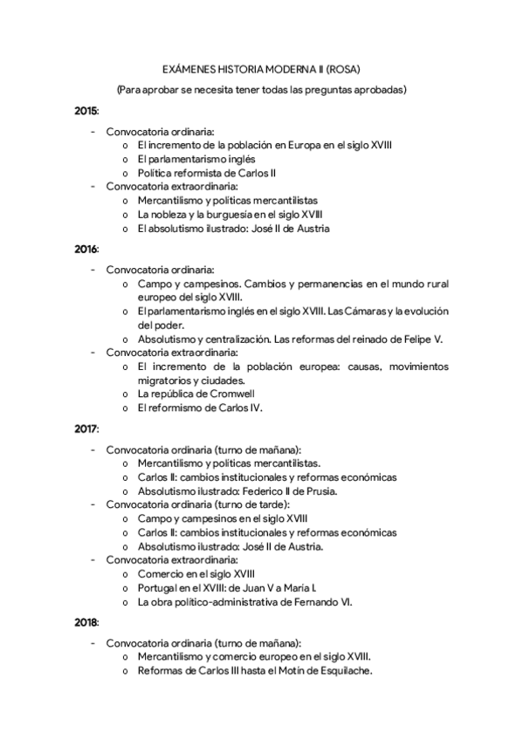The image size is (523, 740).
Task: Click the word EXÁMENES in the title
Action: (189, 69)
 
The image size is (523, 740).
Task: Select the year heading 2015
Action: (86, 111)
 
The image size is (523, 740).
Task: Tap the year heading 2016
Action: (86, 249)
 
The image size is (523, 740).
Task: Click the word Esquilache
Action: (344, 670)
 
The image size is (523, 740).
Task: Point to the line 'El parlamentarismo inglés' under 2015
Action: (196, 159)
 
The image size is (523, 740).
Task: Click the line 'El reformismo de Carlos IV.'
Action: (200, 408)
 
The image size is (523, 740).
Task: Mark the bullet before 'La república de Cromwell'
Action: (127, 394)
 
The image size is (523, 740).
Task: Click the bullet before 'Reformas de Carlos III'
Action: (127, 671)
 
